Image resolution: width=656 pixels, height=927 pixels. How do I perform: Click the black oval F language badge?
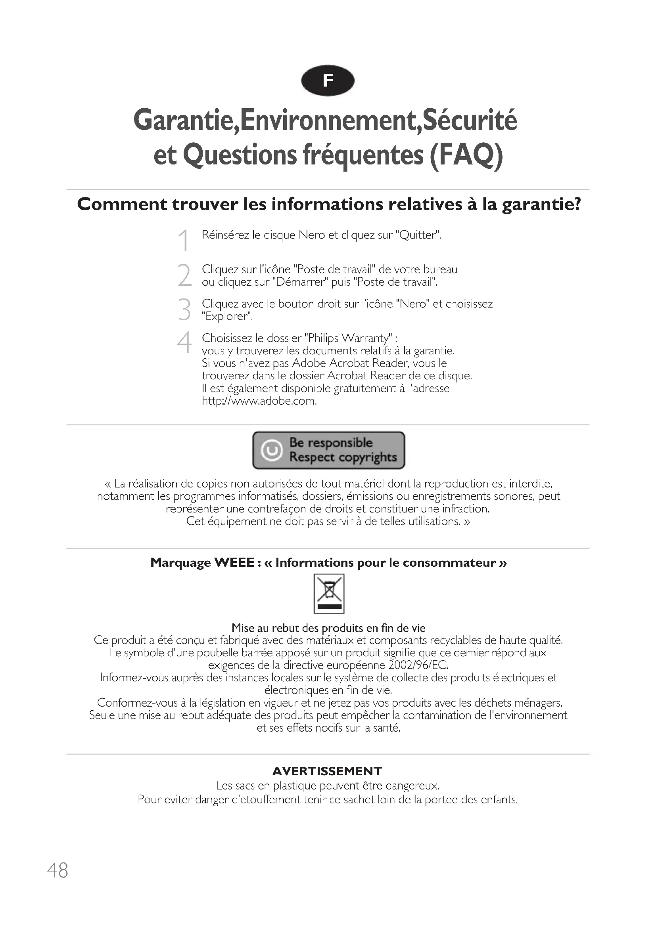coord(328,81)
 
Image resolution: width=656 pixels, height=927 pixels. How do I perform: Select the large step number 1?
coord(184,240)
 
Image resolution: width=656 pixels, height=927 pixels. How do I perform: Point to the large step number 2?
coord(184,275)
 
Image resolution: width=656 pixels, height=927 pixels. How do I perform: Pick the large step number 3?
coord(184,310)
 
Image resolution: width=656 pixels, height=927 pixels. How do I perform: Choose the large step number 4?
coord(184,343)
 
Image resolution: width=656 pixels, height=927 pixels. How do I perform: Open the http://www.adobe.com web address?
coord(259,401)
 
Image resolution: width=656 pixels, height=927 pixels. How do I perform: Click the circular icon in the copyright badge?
coord(271,450)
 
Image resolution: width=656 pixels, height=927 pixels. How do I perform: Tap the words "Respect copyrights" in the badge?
coord(343,457)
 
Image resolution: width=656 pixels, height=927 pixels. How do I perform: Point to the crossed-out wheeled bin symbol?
coord(329,593)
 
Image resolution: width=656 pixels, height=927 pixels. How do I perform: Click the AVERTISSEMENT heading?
coord(327,771)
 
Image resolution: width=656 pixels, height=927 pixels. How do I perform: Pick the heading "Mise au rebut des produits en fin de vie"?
coord(328,628)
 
